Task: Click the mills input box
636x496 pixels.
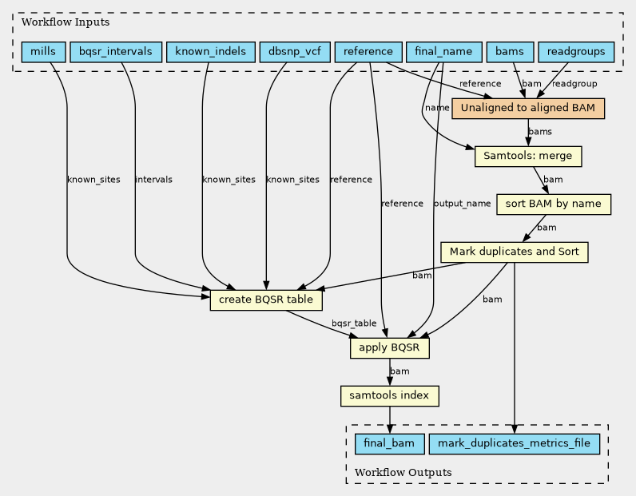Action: point(43,52)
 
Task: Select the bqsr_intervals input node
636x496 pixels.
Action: point(116,52)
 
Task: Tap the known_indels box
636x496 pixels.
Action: point(210,52)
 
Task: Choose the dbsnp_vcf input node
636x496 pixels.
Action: point(295,52)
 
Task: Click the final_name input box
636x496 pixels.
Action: point(443,52)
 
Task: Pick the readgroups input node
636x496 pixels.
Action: point(576,52)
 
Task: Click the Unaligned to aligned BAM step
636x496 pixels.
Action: point(528,109)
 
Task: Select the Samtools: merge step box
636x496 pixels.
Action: point(528,156)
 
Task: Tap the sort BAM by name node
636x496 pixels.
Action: point(554,204)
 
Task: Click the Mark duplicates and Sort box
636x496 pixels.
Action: point(515,252)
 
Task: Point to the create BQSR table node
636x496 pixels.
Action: point(266,300)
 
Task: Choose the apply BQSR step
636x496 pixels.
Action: point(389,348)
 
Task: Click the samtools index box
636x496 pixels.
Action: point(389,396)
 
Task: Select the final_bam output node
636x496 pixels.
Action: point(389,443)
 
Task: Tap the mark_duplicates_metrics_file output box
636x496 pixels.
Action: point(515,443)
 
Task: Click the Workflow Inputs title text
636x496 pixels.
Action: point(66,22)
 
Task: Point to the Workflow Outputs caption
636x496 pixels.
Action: point(403,473)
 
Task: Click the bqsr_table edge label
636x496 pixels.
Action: point(354,323)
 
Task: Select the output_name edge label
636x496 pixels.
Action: point(462,204)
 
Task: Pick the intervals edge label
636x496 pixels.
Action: point(153,180)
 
